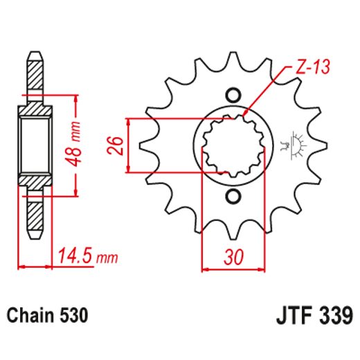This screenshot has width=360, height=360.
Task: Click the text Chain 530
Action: coord(48,316)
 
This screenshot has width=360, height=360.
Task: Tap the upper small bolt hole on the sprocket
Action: coord(233,95)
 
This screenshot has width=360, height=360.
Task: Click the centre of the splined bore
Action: coord(233,145)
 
